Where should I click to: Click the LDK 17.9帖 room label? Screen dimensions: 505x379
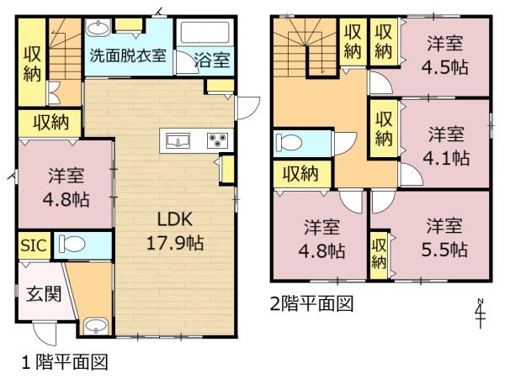175,231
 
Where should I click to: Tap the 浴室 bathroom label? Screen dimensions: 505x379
212,60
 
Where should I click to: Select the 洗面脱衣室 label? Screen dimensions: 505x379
128,55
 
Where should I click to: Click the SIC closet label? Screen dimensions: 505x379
34,245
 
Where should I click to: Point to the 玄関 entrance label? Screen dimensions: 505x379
44,294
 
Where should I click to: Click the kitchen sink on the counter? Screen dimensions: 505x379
178,140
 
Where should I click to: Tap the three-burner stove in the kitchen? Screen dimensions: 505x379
218,140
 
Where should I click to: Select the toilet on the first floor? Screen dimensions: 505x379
72,245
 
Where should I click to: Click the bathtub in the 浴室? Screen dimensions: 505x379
205,33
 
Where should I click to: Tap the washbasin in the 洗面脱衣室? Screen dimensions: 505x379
98,29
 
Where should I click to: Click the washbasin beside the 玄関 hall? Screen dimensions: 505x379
95,326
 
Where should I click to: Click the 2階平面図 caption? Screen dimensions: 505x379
311,303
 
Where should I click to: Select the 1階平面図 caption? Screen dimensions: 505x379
65,361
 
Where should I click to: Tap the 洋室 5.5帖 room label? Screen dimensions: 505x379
444,237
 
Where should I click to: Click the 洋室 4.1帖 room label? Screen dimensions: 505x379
446,145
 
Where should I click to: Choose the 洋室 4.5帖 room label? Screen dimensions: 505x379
444,55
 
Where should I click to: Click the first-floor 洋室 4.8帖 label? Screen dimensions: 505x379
66,187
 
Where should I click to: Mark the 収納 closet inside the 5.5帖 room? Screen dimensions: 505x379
379,255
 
